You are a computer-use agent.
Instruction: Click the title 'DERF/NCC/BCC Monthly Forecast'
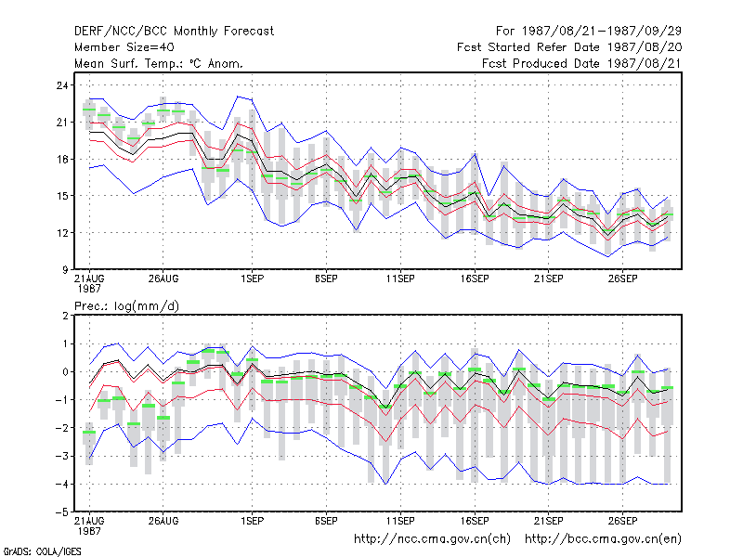(174, 32)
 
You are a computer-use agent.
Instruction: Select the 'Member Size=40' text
(124, 47)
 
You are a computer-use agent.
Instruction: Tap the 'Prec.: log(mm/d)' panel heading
(126, 306)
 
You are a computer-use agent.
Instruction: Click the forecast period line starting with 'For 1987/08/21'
(589, 32)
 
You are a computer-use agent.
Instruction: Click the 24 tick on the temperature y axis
(62, 85)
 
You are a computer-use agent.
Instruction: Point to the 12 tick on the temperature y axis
(62, 233)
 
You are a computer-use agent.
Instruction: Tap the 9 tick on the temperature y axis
(65, 270)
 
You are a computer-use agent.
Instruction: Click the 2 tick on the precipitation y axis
(65, 316)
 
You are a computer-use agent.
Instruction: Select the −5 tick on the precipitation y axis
(61, 512)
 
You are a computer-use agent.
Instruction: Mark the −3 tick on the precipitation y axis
(61, 456)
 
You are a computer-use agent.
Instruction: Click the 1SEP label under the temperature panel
(252, 279)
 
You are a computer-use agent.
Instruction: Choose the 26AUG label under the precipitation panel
(163, 521)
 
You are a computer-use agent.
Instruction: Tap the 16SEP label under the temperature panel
(475, 279)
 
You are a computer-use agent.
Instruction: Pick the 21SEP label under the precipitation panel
(548, 521)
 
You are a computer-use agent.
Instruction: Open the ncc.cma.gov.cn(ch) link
(432, 539)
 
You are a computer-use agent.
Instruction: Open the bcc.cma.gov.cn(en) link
(603, 539)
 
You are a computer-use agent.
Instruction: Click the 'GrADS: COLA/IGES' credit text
(42, 551)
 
